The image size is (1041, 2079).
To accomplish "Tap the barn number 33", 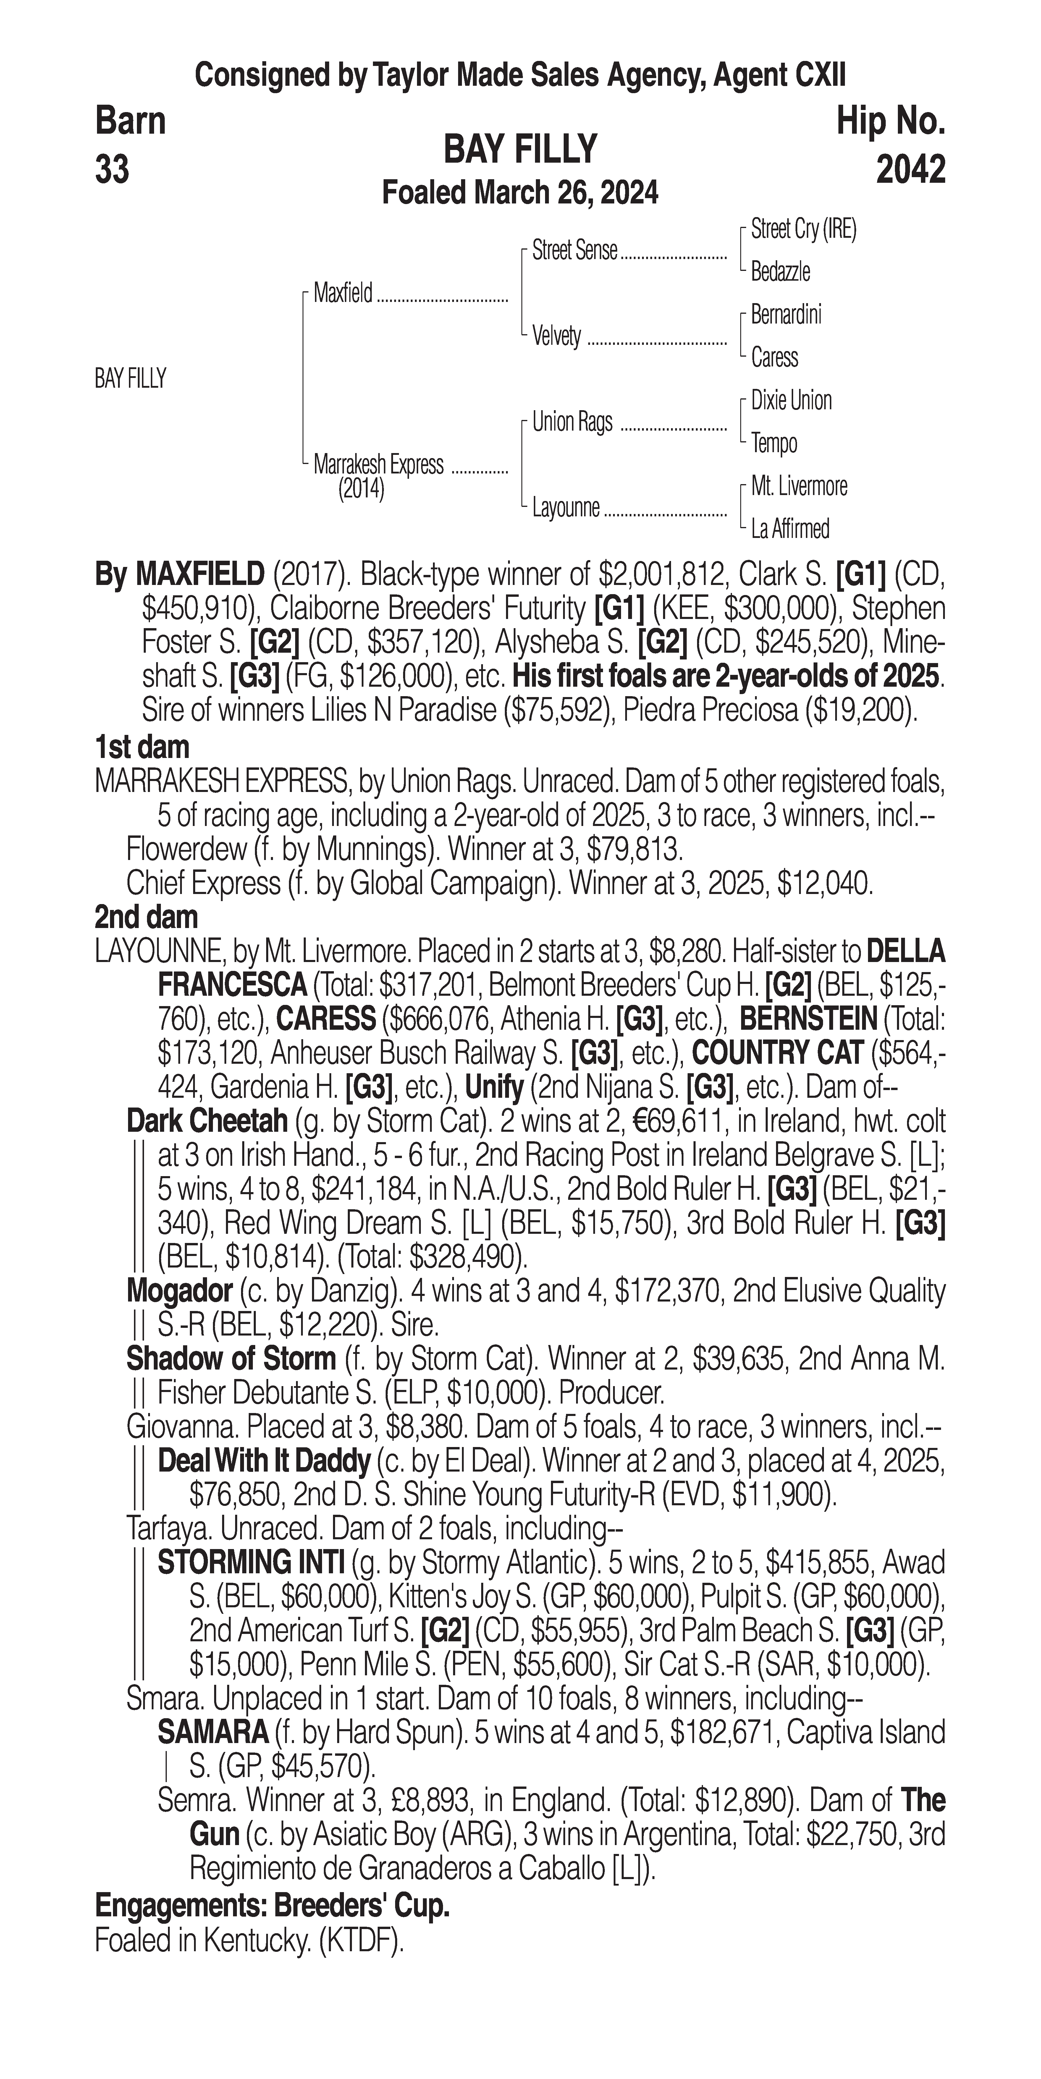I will pos(112,169).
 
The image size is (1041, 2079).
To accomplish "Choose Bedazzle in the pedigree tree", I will pos(780,272).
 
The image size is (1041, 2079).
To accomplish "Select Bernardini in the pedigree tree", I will pos(786,315).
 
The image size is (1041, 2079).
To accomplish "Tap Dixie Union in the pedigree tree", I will pos(791,400).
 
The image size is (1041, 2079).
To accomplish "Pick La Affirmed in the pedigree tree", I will pos(790,529).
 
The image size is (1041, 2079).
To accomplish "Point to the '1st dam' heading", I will pos(142,747).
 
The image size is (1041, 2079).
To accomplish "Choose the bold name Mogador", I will pos(179,1291).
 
